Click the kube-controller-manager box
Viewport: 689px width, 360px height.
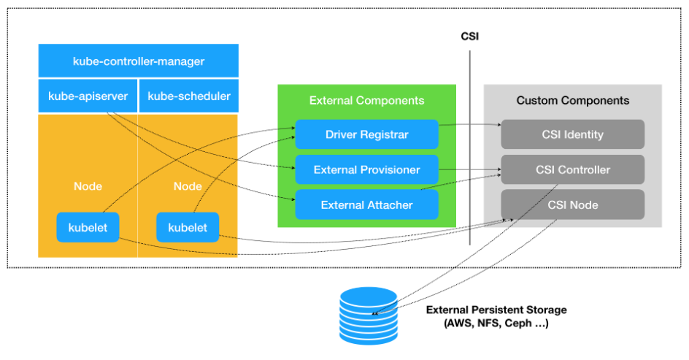click(x=139, y=61)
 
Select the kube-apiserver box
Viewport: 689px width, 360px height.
click(x=88, y=96)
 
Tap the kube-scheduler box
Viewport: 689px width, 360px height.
click(x=188, y=96)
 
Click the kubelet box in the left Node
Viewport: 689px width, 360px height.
click(x=88, y=227)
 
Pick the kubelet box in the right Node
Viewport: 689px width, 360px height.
click(x=188, y=227)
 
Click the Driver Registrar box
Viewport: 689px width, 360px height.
click(x=366, y=134)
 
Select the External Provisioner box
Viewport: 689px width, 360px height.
click(x=366, y=169)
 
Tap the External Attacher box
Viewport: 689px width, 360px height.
click(x=366, y=204)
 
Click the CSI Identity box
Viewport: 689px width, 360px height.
click(x=572, y=134)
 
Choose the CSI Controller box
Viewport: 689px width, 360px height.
click(x=572, y=169)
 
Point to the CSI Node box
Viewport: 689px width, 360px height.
click(x=572, y=204)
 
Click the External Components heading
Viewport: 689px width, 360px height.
click(x=366, y=100)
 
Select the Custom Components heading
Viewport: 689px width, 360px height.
click(x=572, y=100)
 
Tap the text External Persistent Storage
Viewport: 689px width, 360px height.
click(x=496, y=310)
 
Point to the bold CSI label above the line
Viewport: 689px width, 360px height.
click(x=470, y=35)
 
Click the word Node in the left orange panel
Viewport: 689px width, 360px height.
click(x=88, y=186)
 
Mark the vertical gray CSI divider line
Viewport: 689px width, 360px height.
click(x=470, y=146)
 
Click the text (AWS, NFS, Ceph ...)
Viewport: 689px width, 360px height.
click(x=496, y=323)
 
